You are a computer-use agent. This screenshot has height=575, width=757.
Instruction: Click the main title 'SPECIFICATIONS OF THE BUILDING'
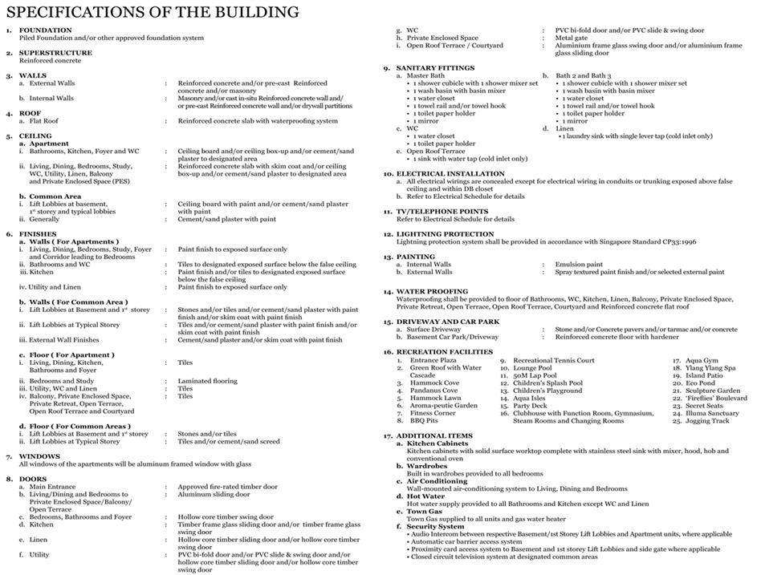(x=153, y=12)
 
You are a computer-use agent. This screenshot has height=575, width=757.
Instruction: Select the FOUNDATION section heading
(x=45, y=30)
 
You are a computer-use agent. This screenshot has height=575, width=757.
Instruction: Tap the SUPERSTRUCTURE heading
(x=55, y=53)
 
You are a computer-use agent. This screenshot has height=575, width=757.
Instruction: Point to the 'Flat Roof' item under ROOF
(x=44, y=121)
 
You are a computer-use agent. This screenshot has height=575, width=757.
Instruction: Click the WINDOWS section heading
(x=39, y=456)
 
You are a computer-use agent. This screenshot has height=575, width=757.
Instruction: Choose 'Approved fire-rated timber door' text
(x=228, y=487)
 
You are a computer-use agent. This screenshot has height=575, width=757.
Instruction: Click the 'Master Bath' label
(x=426, y=75)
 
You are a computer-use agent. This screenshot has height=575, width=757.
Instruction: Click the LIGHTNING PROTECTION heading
(x=445, y=234)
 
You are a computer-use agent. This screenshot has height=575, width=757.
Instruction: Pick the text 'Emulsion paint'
(x=579, y=264)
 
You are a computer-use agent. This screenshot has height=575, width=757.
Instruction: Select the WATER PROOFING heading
(x=432, y=292)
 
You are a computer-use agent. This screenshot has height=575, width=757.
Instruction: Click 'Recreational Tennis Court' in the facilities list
(x=554, y=361)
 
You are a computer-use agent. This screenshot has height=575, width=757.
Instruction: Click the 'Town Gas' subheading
(x=425, y=511)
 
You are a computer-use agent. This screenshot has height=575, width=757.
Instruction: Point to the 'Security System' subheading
(x=435, y=526)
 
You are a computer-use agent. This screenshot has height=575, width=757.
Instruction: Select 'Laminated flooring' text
(x=208, y=381)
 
